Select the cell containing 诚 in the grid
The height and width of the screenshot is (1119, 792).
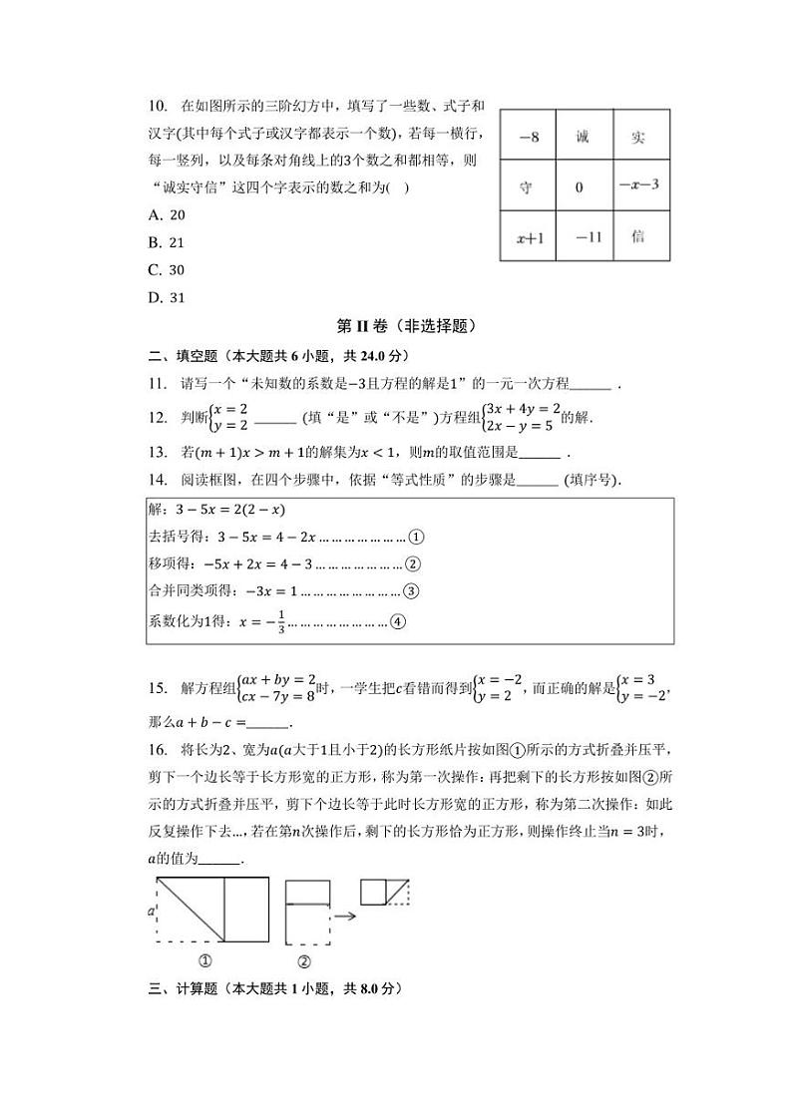[x=583, y=138]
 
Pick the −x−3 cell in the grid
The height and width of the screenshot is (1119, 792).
[x=638, y=186]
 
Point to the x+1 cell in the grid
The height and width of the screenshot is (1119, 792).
[x=529, y=238]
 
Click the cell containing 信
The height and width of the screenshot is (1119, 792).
[x=638, y=237]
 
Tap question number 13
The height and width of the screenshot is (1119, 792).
[x=156, y=452]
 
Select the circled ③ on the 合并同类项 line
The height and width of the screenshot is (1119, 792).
[x=411, y=591]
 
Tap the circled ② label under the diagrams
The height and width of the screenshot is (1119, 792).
[x=304, y=962]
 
